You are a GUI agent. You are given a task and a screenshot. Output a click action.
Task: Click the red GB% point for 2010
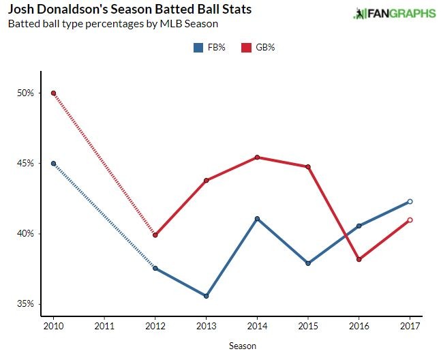[53, 93]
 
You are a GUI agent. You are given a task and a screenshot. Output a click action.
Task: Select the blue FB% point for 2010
[53, 164]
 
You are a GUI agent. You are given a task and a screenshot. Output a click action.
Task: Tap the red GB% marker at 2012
[155, 235]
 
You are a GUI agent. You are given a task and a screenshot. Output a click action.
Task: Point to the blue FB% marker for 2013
[206, 296]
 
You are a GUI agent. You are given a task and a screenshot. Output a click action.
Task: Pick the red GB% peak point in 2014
[257, 157]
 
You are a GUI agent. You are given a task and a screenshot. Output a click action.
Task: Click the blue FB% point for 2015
[308, 263]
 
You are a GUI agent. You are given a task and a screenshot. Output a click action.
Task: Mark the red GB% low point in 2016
[359, 259]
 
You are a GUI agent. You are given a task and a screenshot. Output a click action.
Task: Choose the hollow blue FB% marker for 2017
[410, 201]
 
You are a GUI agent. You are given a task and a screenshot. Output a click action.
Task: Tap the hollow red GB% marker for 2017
[410, 220]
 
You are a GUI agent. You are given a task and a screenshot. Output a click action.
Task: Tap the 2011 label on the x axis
[104, 326]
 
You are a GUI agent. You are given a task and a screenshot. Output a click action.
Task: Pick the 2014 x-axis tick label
[257, 326]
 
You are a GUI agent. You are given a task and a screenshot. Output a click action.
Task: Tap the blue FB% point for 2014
[257, 218]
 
